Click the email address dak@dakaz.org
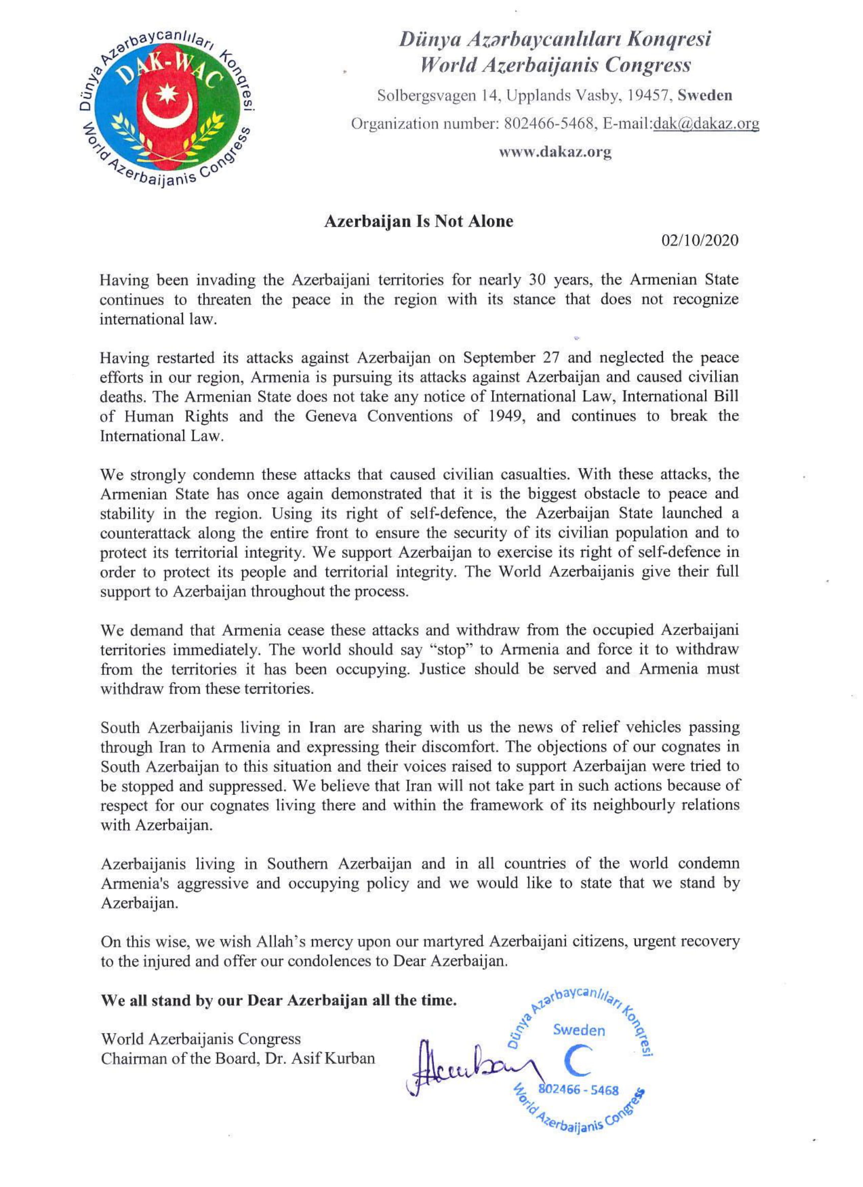click(x=706, y=124)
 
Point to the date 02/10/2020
click(x=700, y=240)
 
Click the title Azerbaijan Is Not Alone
click(x=418, y=222)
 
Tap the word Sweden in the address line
click(x=704, y=96)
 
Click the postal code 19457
click(x=645, y=96)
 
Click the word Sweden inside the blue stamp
click(x=579, y=1030)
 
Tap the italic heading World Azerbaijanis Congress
click(x=556, y=66)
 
